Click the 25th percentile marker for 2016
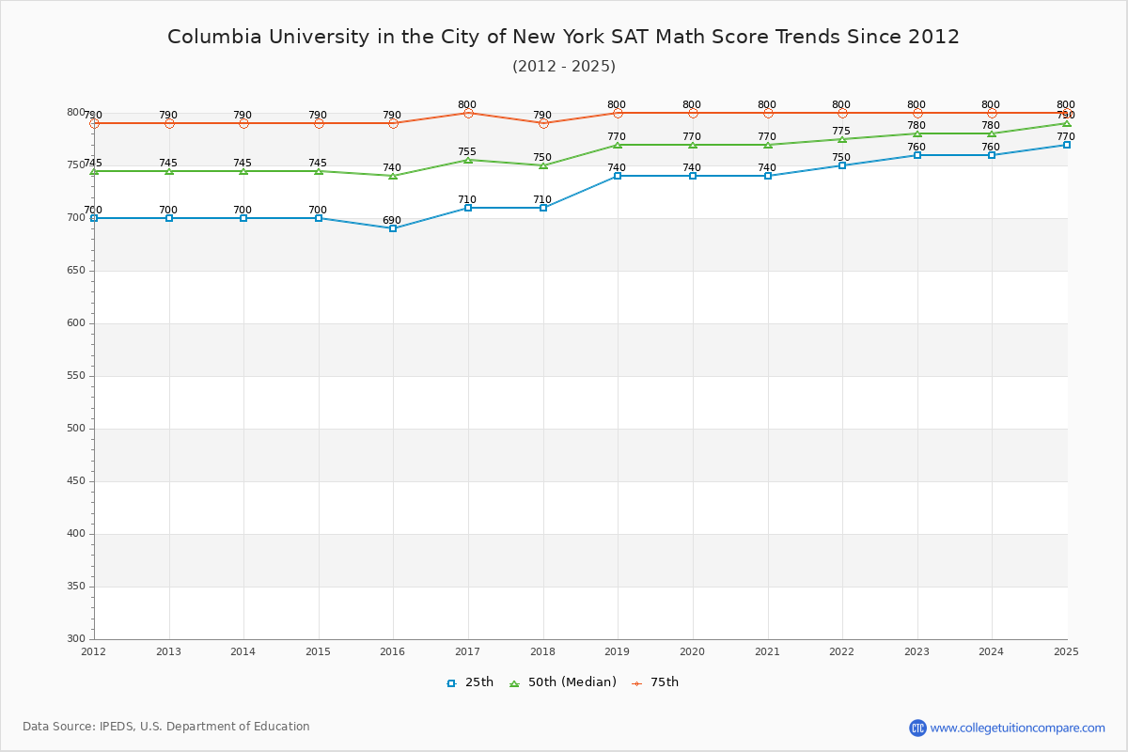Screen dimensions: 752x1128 393,228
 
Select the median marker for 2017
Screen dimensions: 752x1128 468,160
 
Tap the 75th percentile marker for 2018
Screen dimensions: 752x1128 543,123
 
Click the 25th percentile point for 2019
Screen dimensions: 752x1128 618,176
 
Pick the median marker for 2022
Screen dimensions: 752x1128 842,139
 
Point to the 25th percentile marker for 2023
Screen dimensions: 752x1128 917,155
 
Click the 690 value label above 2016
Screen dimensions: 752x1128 392,221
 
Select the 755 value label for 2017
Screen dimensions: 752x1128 467,152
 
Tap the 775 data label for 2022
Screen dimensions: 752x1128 841,132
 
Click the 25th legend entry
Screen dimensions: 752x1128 470,682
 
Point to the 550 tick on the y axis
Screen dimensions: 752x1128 75,376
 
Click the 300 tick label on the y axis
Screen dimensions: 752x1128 75,639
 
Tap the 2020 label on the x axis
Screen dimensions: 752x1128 692,651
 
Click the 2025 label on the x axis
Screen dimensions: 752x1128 1066,651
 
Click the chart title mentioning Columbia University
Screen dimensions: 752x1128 563,37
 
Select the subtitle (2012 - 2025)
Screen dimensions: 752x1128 563,66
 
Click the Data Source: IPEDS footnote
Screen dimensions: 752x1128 166,727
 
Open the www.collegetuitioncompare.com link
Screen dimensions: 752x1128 1017,728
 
